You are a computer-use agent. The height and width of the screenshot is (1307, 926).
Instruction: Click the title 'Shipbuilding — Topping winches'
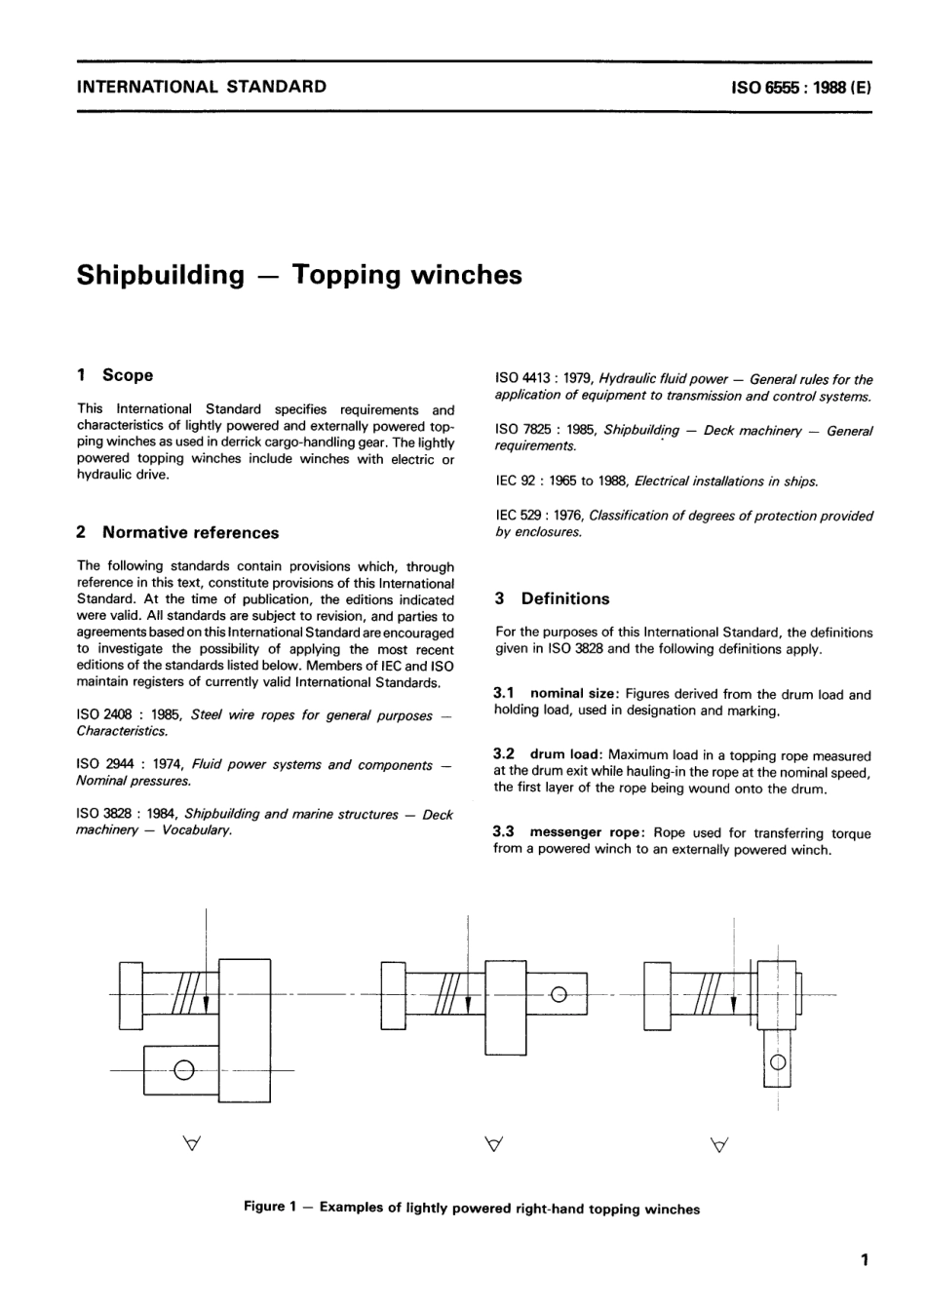[x=299, y=275]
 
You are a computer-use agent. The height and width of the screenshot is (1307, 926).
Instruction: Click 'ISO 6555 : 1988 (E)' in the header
[x=800, y=87]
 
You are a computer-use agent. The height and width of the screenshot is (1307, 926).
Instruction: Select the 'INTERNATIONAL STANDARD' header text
[x=201, y=87]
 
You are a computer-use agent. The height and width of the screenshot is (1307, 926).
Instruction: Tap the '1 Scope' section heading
[x=115, y=375]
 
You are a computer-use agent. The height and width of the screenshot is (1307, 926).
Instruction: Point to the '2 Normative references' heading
[x=177, y=533]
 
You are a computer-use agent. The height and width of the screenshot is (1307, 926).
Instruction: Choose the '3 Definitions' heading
[x=552, y=599]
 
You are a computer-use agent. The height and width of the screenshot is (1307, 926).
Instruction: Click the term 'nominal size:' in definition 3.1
[x=573, y=694]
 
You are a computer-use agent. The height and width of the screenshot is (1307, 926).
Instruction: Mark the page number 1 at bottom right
[x=865, y=1260]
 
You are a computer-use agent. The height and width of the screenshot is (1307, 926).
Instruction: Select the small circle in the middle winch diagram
[x=559, y=995]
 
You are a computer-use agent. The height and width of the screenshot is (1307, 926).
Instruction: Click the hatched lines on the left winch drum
[x=186, y=994]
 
